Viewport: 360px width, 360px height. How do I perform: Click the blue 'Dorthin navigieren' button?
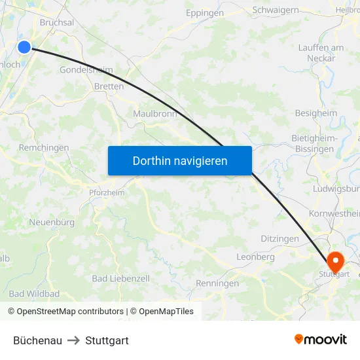point(180,160)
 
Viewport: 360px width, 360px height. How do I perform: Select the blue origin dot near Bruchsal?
point(24,46)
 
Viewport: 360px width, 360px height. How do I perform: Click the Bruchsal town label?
point(56,22)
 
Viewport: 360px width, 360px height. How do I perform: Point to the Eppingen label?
point(204,13)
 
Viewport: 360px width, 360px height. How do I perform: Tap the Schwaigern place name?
point(276,10)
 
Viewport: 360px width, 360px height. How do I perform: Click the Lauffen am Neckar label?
point(321,53)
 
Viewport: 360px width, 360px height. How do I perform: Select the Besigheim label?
point(316,113)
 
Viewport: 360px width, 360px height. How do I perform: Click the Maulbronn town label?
point(155,113)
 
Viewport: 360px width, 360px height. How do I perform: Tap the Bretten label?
point(109,86)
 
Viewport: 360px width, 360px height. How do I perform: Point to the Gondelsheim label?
point(85,70)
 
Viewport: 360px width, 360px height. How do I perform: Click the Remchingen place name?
point(44,148)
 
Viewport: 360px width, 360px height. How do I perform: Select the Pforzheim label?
point(107,192)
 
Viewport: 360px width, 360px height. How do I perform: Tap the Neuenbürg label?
point(52,223)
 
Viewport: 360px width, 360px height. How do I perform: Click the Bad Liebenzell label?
point(120,278)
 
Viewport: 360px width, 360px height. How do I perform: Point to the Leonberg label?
point(255,257)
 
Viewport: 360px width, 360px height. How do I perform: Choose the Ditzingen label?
point(279,239)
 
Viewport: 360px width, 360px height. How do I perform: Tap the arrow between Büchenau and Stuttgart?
point(73,340)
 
